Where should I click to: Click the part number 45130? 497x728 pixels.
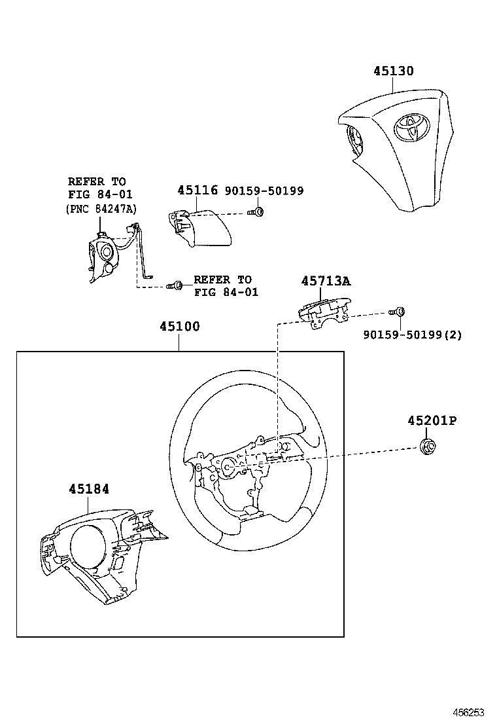(394, 71)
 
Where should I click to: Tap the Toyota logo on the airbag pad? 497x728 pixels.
(410, 127)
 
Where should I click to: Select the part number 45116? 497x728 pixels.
(197, 190)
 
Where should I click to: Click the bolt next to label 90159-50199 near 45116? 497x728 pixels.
(258, 211)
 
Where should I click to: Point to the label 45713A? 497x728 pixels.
(326, 281)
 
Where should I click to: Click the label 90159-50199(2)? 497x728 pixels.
(412, 335)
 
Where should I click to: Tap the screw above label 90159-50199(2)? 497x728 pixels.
(398, 312)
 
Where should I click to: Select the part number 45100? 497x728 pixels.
(179, 327)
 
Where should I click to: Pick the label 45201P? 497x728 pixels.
(432, 421)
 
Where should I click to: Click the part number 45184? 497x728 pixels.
(89, 489)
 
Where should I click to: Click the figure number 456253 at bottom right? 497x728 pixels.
(470, 712)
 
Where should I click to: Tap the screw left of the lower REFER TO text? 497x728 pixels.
(174, 285)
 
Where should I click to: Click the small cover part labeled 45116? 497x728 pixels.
(203, 227)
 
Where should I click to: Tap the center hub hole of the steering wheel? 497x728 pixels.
(230, 467)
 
